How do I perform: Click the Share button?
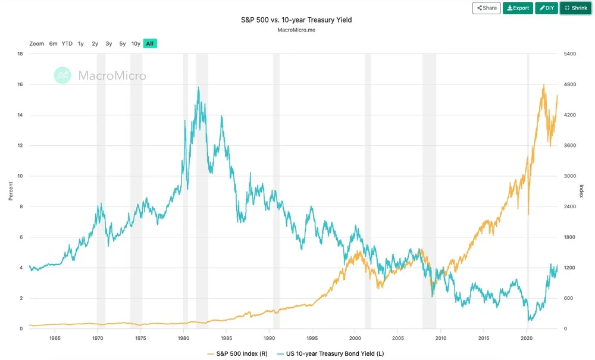(x=486, y=8)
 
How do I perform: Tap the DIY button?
(x=546, y=8)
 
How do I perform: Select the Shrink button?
(x=575, y=8)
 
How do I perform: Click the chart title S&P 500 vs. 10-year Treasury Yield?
(x=296, y=20)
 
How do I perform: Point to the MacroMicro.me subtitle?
(x=296, y=30)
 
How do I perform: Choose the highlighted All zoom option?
(x=150, y=43)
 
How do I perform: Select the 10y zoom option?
(x=136, y=43)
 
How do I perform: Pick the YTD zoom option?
(x=67, y=43)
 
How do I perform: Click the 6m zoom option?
(x=54, y=43)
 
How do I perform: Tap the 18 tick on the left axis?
(x=20, y=54)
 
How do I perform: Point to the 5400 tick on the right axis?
(x=571, y=54)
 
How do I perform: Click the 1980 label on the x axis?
(x=183, y=338)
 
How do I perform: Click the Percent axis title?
(x=11, y=191)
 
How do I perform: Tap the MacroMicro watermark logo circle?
(x=62, y=75)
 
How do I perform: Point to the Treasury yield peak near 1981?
(x=198, y=87)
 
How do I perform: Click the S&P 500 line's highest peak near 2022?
(x=544, y=85)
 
